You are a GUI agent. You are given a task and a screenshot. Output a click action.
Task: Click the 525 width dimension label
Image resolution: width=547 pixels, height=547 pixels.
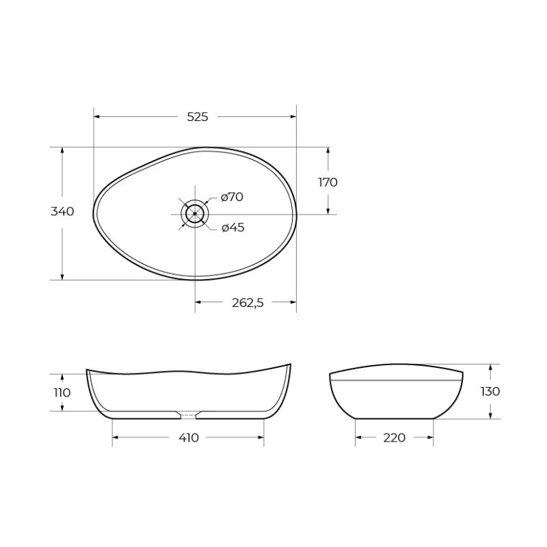pyautogui.click(x=198, y=117)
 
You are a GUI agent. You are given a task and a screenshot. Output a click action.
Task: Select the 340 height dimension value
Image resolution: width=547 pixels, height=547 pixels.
pyautogui.click(x=62, y=211)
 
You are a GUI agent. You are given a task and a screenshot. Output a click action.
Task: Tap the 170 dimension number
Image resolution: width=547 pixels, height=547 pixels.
pyautogui.click(x=328, y=182)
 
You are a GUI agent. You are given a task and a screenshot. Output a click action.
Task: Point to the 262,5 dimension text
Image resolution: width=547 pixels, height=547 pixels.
pyautogui.click(x=248, y=303)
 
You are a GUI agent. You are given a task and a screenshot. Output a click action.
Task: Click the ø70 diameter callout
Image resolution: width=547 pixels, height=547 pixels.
pyautogui.click(x=232, y=197)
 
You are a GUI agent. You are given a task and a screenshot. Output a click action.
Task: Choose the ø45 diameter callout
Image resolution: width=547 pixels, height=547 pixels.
pyautogui.click(x=232, y=228)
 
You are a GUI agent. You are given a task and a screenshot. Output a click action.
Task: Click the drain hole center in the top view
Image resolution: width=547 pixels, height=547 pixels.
pyautogui.click(x=195, y=214)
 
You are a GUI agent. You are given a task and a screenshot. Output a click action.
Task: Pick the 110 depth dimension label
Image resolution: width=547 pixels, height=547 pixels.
pyautogui.click(x=62, y=392)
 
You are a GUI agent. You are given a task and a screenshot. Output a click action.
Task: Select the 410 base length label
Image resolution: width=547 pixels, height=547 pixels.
pyautogui.click(x=189, y=438)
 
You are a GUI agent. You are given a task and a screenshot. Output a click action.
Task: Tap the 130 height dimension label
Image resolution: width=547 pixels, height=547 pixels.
pyautogui.click(x=490, y=391)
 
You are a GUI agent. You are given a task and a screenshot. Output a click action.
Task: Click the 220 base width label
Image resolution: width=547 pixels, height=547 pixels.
pyautogui.click(x=395, y=438)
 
